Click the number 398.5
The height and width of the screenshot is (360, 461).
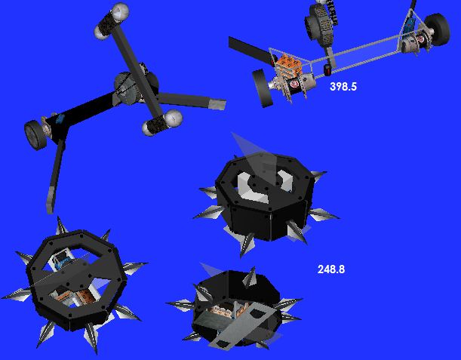point(343,87)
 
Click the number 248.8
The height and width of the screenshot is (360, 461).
point(331,269)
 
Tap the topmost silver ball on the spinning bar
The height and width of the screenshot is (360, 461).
point(120,11)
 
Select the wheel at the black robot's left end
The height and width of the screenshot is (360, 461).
point(35,135)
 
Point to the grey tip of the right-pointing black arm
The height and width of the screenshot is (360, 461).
point(217,104)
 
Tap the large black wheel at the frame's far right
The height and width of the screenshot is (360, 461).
point(437,29)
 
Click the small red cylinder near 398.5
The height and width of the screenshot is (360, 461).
point(327,70)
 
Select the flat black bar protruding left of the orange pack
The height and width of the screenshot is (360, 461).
point(250,50)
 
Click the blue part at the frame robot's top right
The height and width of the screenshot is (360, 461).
point(409,23)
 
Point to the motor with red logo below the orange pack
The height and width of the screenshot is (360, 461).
point(294,83)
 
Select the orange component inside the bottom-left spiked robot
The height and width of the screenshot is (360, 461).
point(87,296)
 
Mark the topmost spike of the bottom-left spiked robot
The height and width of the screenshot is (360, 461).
point(61,226)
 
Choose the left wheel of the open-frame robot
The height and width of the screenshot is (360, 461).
point(263,88)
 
